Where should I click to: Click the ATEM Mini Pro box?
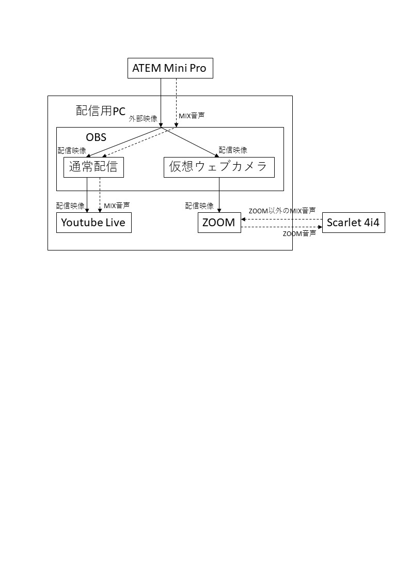[x=170, y=68]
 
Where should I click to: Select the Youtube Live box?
[x=94, y=223]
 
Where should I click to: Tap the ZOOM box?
[x=219, y=223]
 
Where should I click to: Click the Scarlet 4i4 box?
[x=353, y=223]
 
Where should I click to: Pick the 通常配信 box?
[x=93, y=167]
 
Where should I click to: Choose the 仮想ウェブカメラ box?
[x=219, y=167]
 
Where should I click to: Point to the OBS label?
[x=96, y=137]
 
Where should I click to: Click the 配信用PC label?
[x=101, y=111]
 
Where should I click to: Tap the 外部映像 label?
[x=143, y=119]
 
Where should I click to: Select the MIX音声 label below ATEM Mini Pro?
[x=192, y=116]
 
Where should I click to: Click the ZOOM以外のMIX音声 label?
[x=282, y=211]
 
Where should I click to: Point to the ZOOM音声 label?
[x=299, y=233]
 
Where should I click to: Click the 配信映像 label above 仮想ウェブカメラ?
[x=233, y=150]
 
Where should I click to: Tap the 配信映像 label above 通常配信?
[x=72, y=150]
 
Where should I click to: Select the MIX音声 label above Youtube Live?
[x=117, y=206]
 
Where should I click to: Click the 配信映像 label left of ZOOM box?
[x=199, y=206]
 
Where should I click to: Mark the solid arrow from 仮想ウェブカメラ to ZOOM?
[x=219, y=195]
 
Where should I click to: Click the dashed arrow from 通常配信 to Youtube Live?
[x=100, y=195]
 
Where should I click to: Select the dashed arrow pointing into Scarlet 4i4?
[x=282, y=227]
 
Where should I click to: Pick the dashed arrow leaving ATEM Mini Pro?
[x=177, y=103]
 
